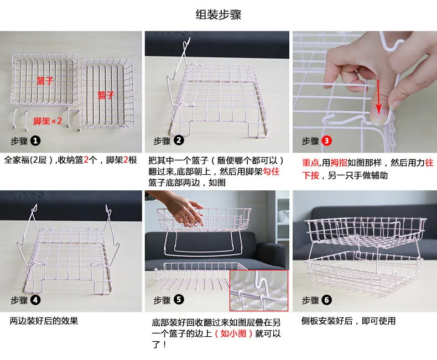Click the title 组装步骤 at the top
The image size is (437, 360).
click(218, 15)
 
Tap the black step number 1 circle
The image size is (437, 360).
click(35, 140)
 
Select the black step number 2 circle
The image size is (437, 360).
click(179, 140)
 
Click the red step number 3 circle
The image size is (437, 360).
click(326, 140)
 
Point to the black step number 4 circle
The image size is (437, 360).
click(35, 300)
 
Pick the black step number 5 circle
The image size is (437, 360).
click(179, 300)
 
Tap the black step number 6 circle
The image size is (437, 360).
click(326, 300)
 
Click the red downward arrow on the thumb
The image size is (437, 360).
click(378, 97)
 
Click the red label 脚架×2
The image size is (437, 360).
click(48, 121)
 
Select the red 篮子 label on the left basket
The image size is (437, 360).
click(45, 81)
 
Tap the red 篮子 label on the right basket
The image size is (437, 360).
click(106, 95)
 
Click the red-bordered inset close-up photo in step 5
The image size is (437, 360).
click(259, 290)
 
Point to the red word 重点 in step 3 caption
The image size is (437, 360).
click(310, 163)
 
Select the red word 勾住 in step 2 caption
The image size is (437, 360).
click(271, 171)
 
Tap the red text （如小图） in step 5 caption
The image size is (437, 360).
click(233, 333)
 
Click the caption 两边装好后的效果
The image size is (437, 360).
click(44, 321)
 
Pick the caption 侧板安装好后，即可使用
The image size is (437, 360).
click(348, 321)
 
